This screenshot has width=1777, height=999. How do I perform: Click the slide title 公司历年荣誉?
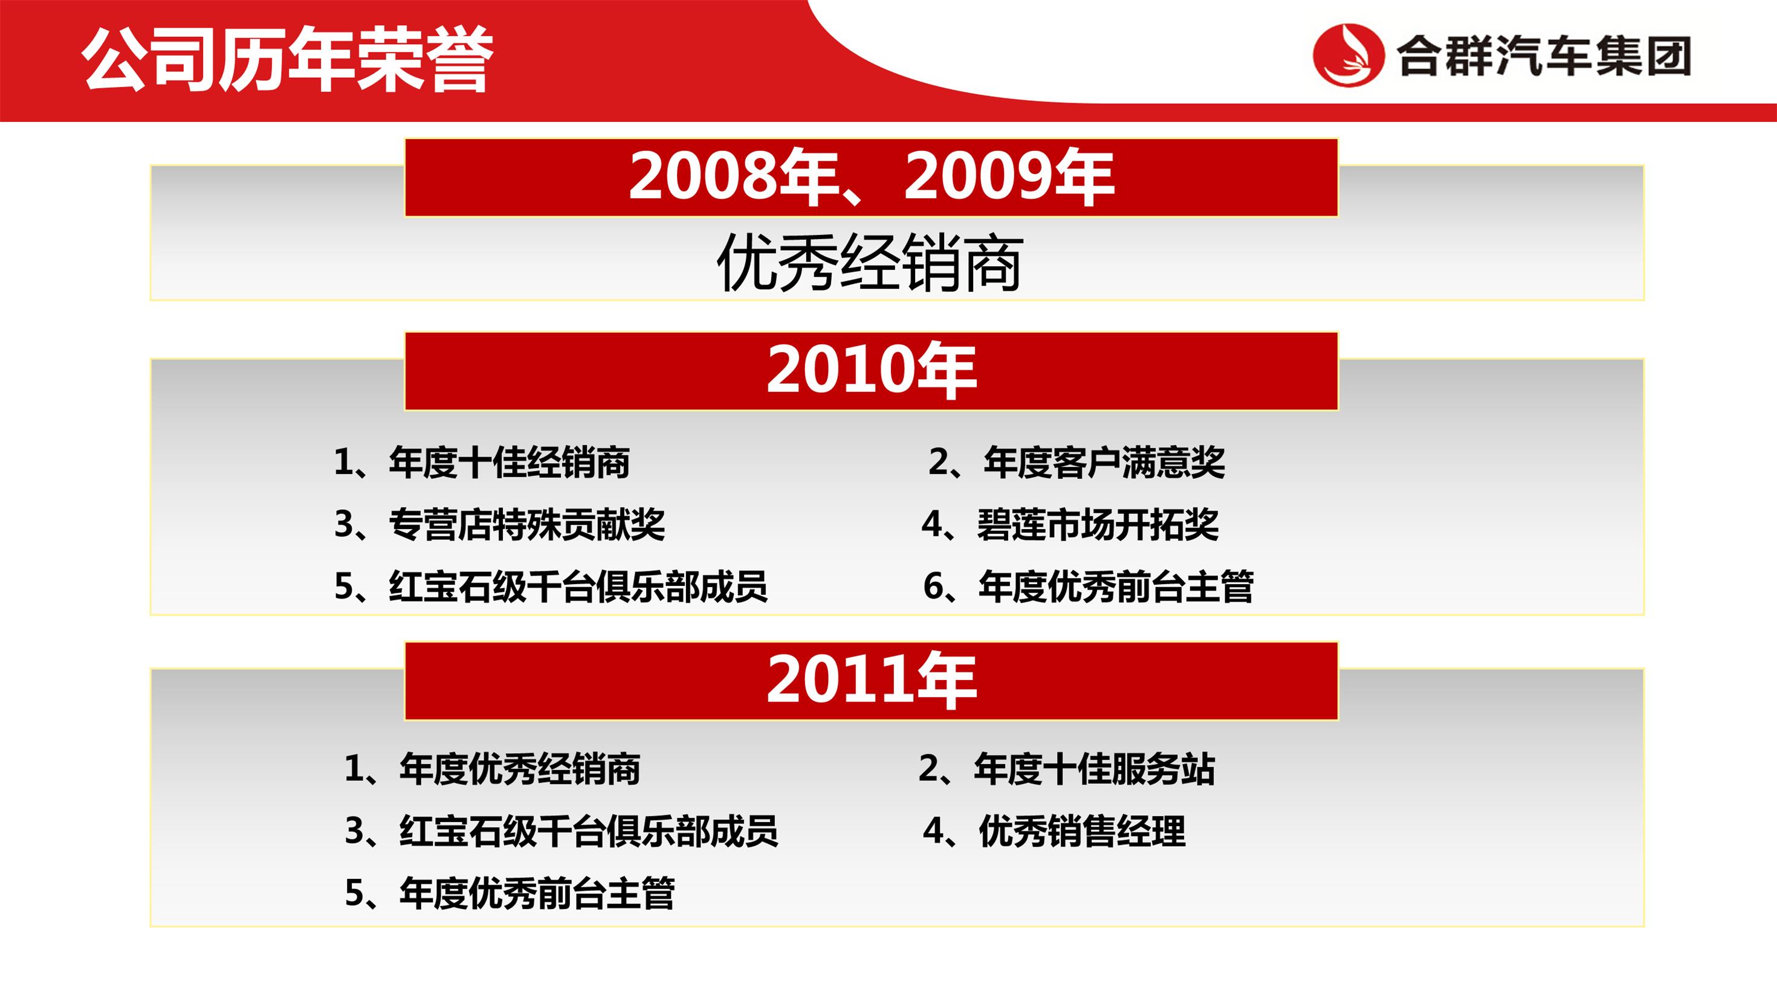[x=288, y=60]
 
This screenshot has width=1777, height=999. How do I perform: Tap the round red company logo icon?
[x=1348, y=55]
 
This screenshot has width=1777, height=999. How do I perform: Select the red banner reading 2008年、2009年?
[x=870, y=177]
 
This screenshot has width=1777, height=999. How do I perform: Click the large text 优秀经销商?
[x=870, y=263]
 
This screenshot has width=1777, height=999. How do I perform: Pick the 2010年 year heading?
[x=870, y=371]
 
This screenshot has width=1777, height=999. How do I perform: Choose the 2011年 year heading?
[x=870, y=681]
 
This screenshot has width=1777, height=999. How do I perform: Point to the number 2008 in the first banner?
[x=698, y=176]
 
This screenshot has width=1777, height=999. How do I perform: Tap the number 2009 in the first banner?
[x=973, y=176]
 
